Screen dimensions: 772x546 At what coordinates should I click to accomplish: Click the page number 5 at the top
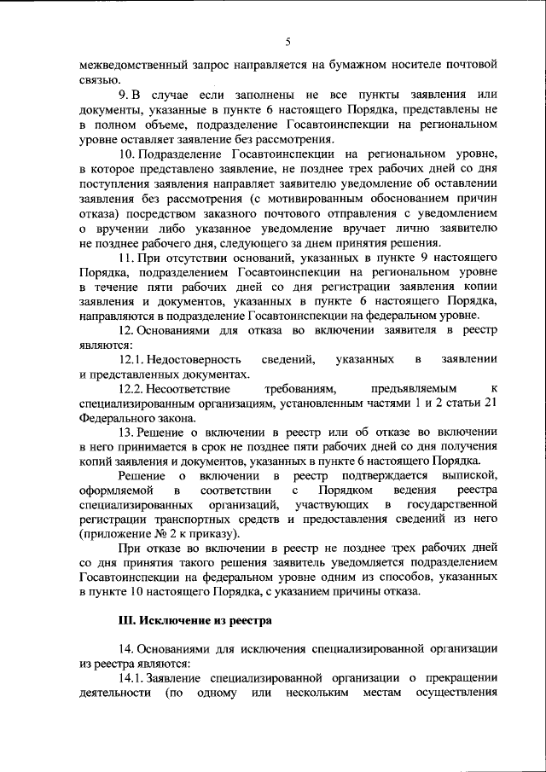288,42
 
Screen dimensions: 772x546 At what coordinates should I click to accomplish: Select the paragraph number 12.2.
133,387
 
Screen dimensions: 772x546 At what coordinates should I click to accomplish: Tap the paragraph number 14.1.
133,678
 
